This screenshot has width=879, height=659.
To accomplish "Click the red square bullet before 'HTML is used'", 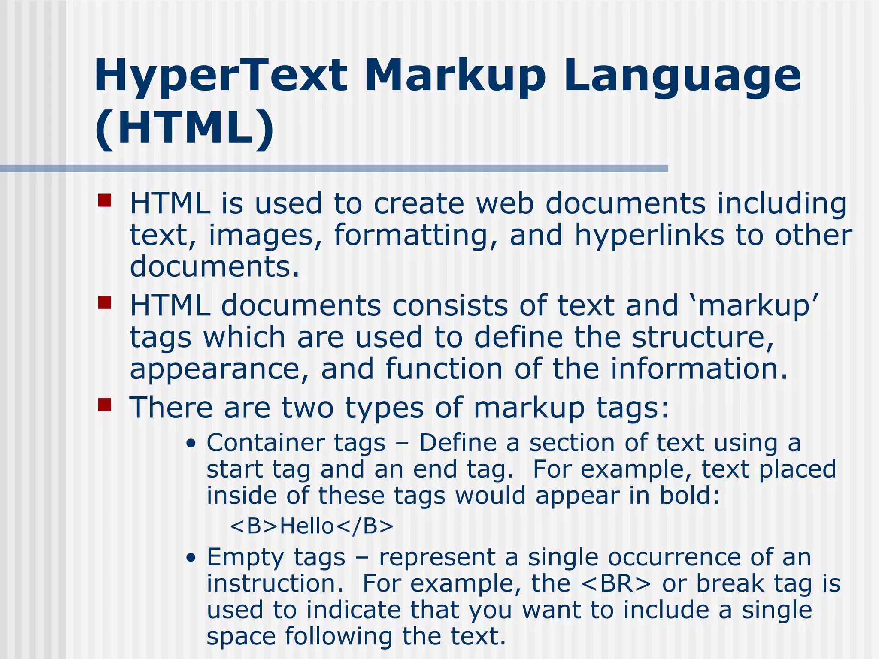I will pyautogui.click(x=104, y=201).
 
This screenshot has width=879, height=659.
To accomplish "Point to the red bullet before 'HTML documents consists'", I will pyautogui.click(x=104, y=303).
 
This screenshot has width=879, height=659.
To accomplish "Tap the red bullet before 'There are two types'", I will pyautogui.click(x=104, y=405).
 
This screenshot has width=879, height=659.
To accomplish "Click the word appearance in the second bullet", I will pyautogui.click(x=219, y=369).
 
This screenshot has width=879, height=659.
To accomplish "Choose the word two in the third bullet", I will pyautogui.click(x=307, y=407).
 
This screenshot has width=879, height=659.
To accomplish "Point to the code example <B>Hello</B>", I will pyautogui.click(x=312, y=526).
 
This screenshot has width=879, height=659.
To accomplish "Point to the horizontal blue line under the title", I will pyautogui.click(x=334, y=169).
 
